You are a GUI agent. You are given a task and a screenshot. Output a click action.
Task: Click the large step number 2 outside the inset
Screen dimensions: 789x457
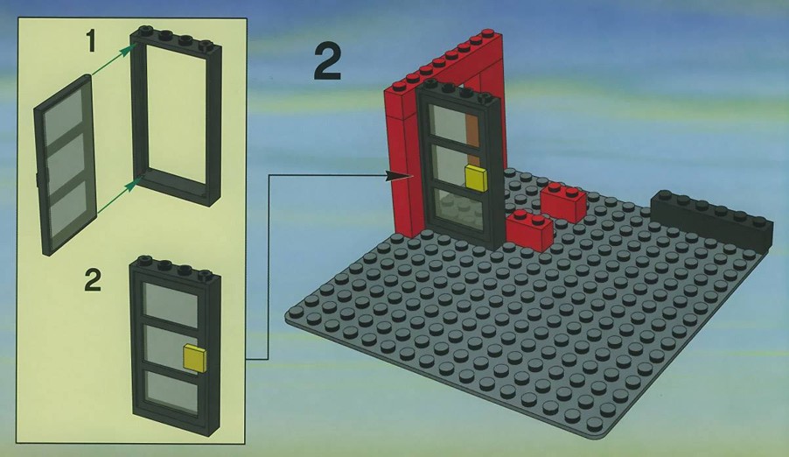pyautogui.click(x=327, y=61)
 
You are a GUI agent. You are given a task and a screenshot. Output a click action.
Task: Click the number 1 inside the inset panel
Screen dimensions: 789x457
pyautogui.click(x=90, y=41)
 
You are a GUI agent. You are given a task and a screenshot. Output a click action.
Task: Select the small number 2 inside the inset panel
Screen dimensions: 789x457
pyautogui.click(x=93, y=281)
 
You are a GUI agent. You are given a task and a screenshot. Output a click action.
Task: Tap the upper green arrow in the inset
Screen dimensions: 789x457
pyautogui.click(x=114, y=60)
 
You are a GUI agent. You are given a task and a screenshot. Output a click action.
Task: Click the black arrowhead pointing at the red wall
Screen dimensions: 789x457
pyautogui.click(x=400, y=175)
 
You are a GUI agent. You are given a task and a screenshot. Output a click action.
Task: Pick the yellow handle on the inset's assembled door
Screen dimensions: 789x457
pyautogui.click(x=194, y=358)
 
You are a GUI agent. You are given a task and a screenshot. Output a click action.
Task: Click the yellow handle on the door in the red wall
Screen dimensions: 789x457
pyautogui.click(x=476, y=178)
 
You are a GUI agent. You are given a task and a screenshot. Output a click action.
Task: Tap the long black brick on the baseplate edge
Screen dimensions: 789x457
pyautogui.click(x=712, y=221)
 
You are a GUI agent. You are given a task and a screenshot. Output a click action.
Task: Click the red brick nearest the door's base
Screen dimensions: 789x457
pyautogui.click(x=529, y=230)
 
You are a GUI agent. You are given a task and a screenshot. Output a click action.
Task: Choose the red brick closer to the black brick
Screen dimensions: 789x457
pyautogui.click(x=563, y=202)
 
